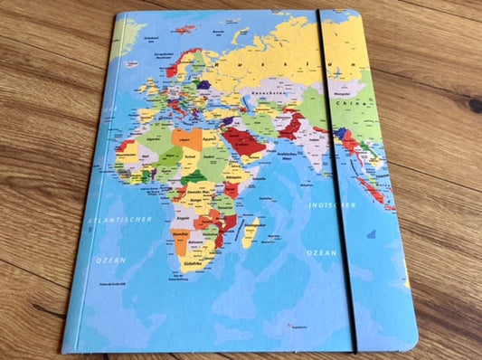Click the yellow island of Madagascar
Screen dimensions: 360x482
coord(250,233)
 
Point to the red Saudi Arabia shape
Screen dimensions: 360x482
coord(246,141)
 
